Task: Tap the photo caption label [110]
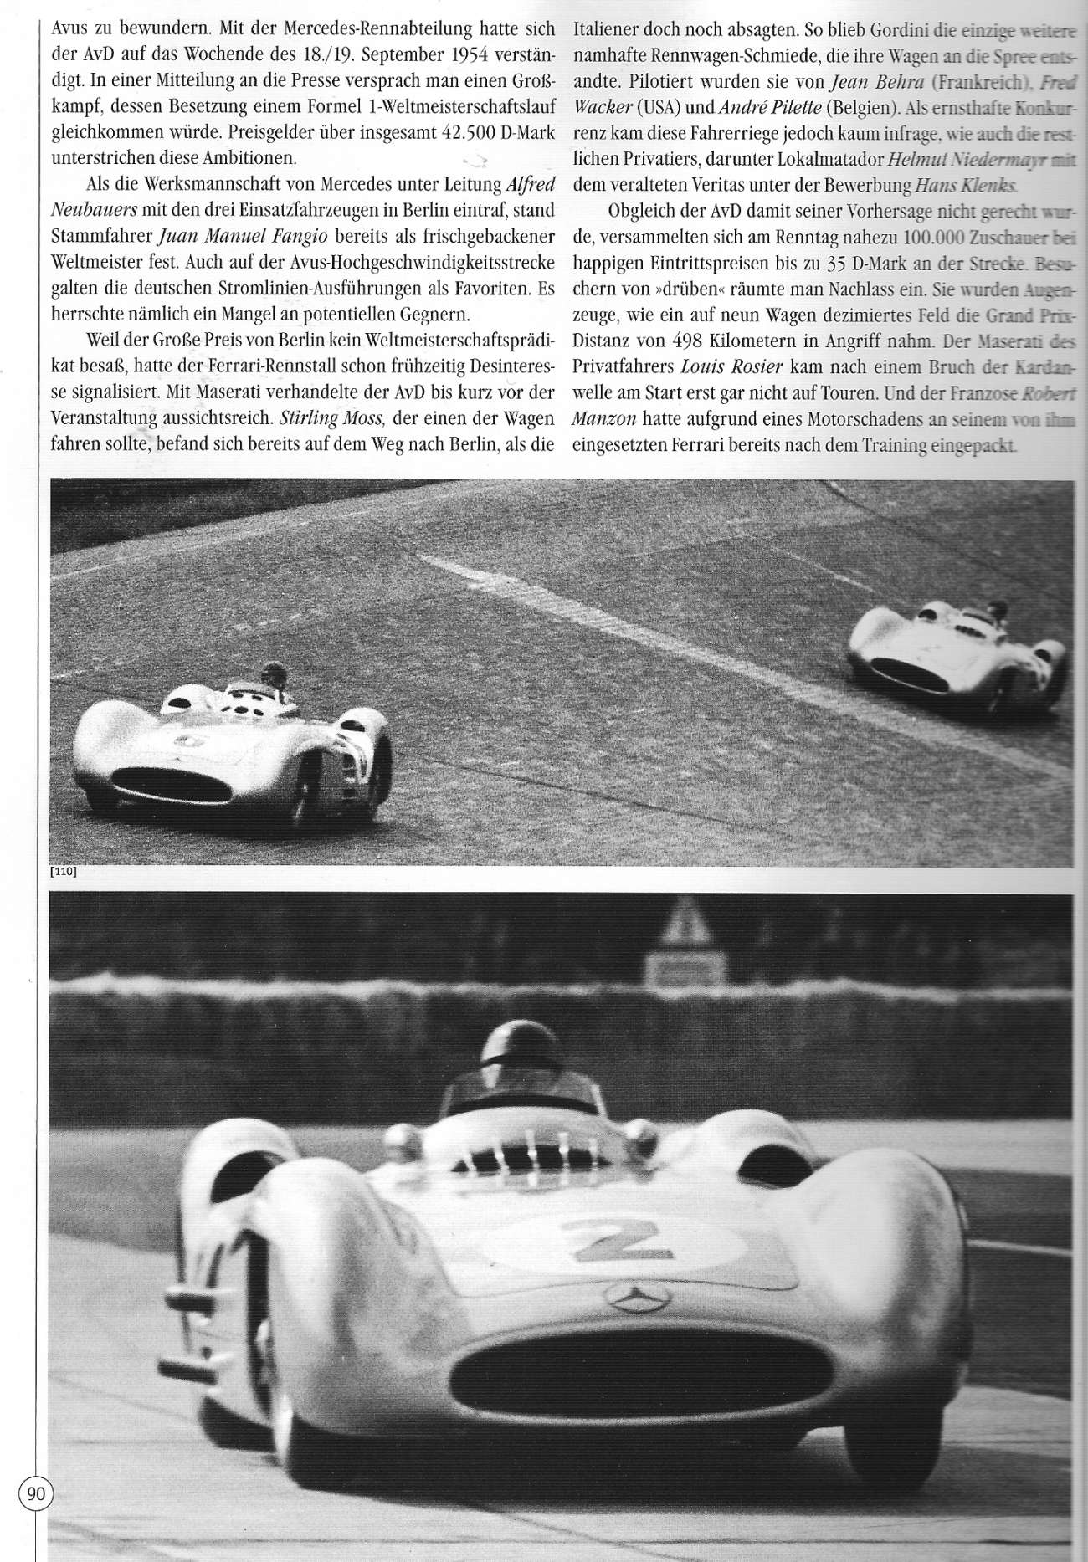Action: tap(64, 872)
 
